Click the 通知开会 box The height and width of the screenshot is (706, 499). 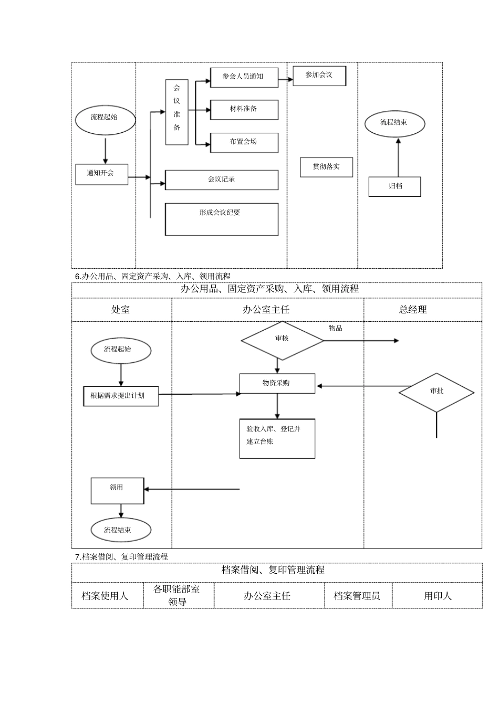(x=101, y=174)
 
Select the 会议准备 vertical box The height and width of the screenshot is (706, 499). (x=177, y=112)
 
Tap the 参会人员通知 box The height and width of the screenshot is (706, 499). (x=244, y=77)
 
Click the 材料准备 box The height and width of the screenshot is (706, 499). (x=244, y=110)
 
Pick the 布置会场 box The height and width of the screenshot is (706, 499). (x=244, y=142)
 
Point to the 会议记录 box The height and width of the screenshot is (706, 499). (x=221, y=180)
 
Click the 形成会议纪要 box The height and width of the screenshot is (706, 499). (x=221, y=219)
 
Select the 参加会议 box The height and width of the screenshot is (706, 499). (x=319, y=76)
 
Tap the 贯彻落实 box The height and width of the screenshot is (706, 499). (x=326, y=167)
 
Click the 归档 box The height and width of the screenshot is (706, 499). (x=394, y=187)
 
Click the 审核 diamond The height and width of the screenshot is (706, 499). (x=282, y=340)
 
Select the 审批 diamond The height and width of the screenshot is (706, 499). (x=436, y=392)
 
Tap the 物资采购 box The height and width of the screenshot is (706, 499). (x=277, y=384)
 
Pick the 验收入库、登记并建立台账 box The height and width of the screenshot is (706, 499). (x=277, y=439)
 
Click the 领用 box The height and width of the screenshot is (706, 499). (x=117, y=490)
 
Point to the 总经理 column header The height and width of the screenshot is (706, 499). (x=413, y=310)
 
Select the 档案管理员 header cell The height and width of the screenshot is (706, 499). (x=357, y=596)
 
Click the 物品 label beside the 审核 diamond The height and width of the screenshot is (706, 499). (x=336, y=329)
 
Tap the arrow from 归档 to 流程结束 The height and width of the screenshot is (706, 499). (x=398, y=157)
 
